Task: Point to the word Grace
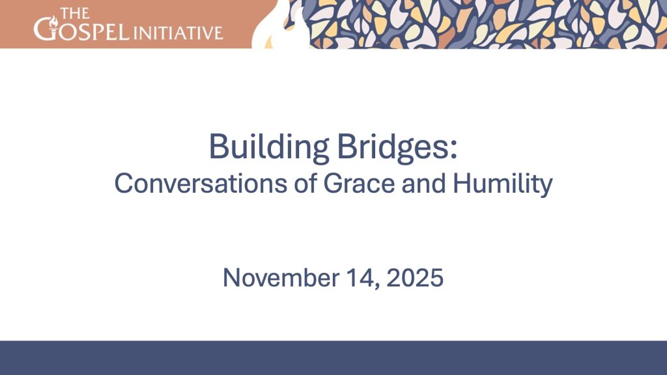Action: [359, 183]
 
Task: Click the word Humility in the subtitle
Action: [503, 184]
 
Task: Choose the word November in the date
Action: [281, 278]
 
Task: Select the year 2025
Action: [415, 277]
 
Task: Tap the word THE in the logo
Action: [75, 13]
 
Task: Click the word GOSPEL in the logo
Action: [81, 30]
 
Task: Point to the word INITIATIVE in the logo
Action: [178, 33]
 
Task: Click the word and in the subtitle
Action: [423, 183]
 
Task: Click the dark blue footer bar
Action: [333, 357]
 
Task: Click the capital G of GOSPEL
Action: [44, 29]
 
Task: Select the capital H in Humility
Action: [462, 183]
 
